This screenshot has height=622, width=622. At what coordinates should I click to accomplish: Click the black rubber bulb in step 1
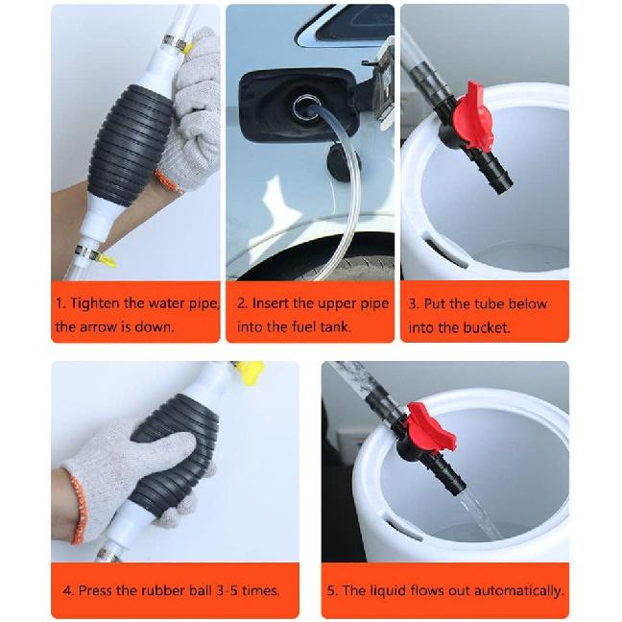click(130, 144)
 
